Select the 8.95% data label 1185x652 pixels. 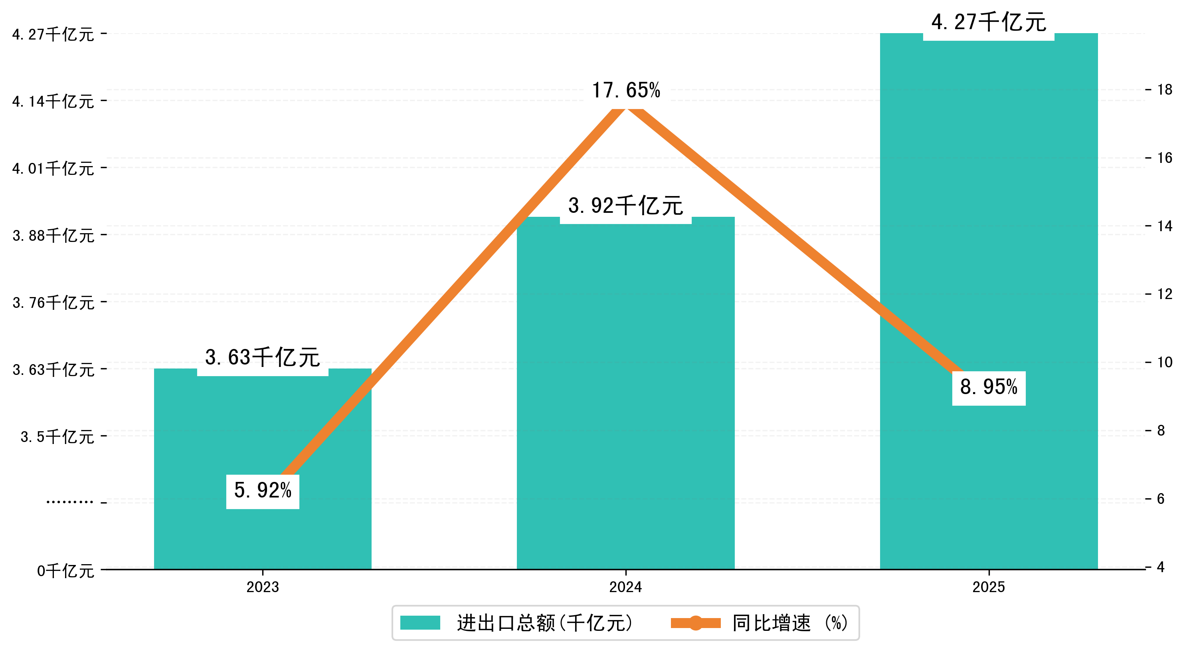989,387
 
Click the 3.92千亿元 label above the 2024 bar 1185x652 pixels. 625,206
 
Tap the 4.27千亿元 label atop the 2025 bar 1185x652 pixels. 989,22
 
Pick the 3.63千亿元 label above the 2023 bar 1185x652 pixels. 263,357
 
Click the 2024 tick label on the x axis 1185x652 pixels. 625,587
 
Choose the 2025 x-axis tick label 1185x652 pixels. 989,587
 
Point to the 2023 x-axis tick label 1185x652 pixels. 263,587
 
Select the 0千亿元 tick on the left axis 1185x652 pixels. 65,571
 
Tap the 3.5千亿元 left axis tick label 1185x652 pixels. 57,437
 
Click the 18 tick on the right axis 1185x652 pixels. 1165,90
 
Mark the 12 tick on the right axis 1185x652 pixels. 1165,294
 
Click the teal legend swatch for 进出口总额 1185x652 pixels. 420,623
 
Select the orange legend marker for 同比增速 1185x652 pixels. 696,623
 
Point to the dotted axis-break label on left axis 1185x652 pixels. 70,502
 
